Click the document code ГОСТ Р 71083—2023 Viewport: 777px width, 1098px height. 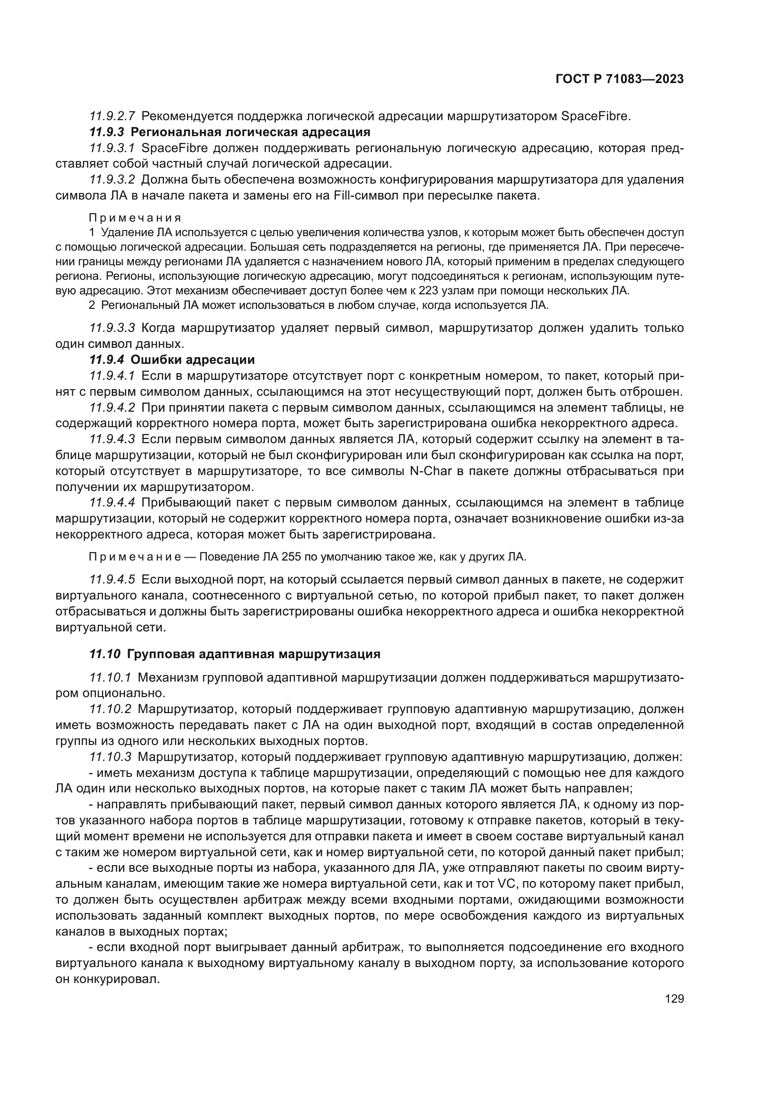pyautogui.click(x=620, y=79)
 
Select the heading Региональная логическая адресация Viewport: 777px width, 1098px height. pyautogui.click(x=250, y=132)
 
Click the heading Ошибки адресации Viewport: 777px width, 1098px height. pyautogui.click(x=192, y=360)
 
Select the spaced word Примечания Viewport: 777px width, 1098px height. pyautogui.click(x=135, y=218)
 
